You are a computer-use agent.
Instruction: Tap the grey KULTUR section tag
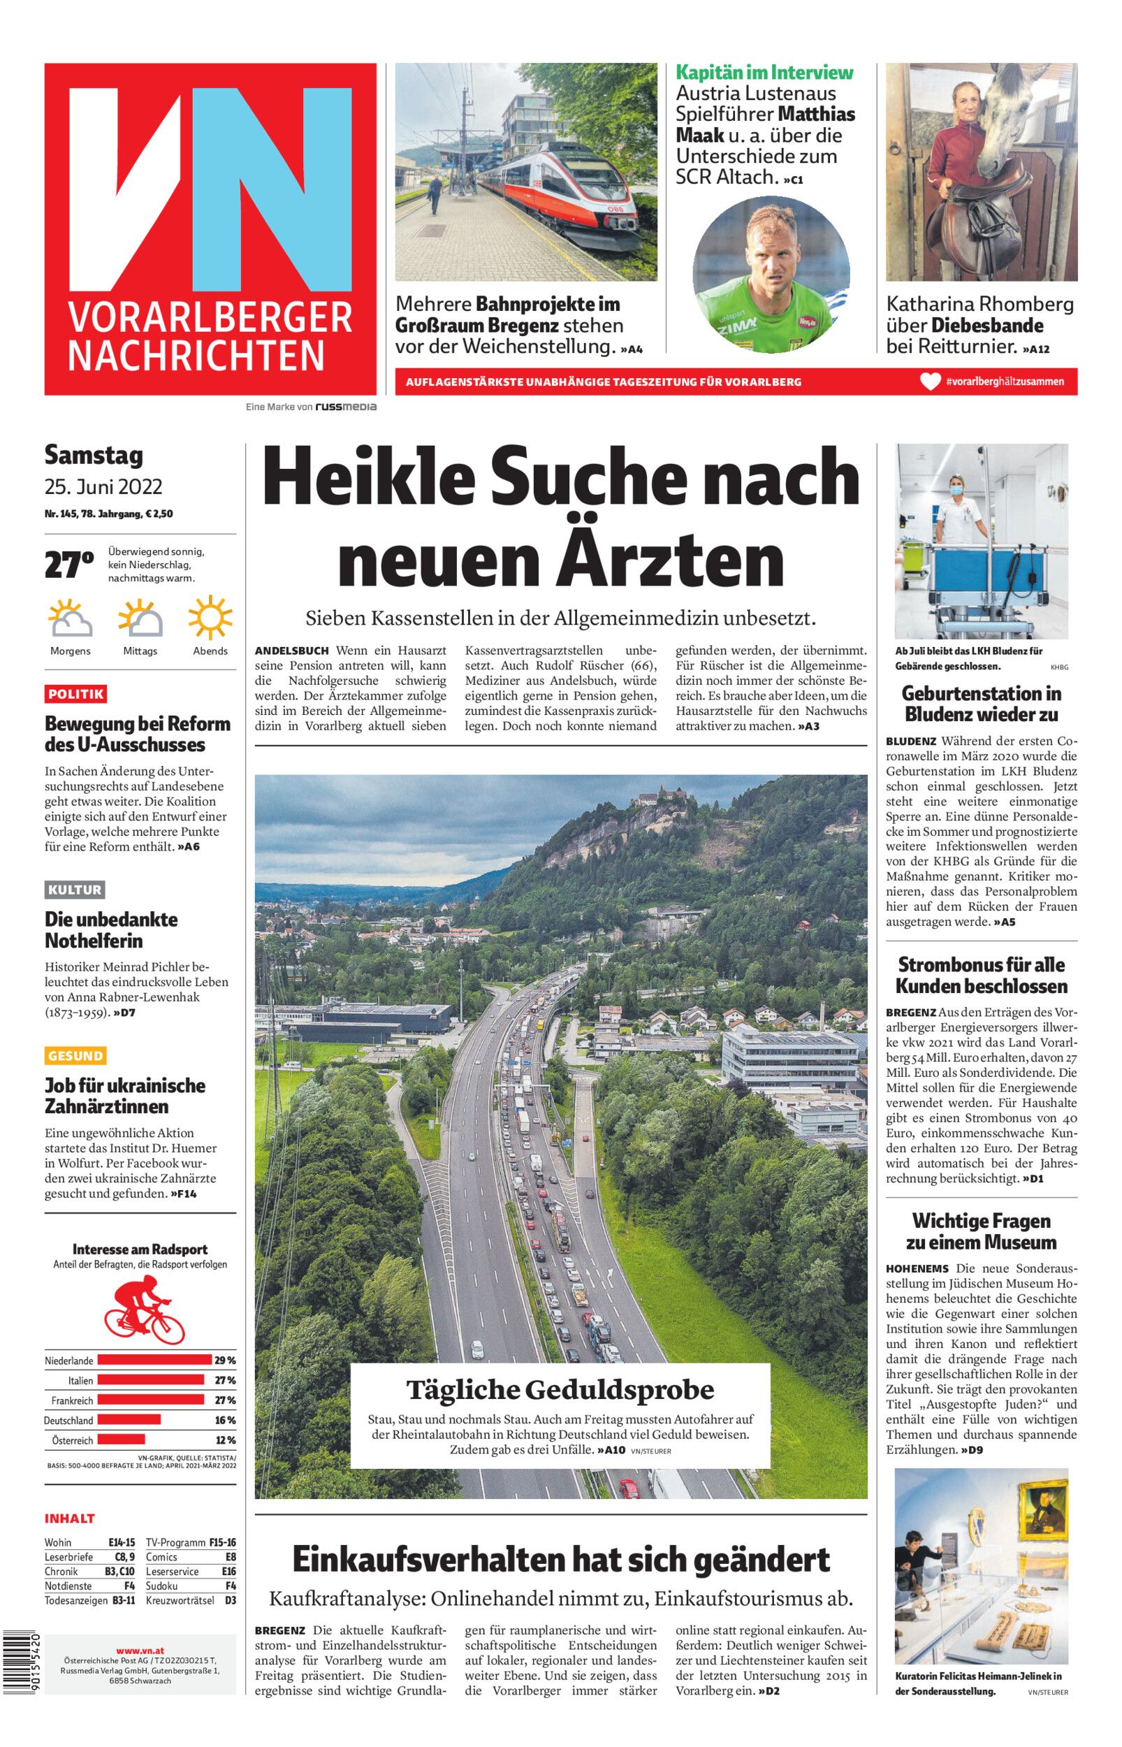click(x=74, y=890)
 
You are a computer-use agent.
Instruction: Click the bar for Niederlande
click(x=154, y=1360)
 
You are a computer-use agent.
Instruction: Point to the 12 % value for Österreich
click(x=225, y=1440)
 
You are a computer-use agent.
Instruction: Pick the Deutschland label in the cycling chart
click(x=68, y=1421)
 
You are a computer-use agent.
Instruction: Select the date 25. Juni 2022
click(x=103, y=486)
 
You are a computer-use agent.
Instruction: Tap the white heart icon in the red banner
click(x=930, y=382)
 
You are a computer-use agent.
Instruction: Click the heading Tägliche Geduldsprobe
click(x=560, y=1389)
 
